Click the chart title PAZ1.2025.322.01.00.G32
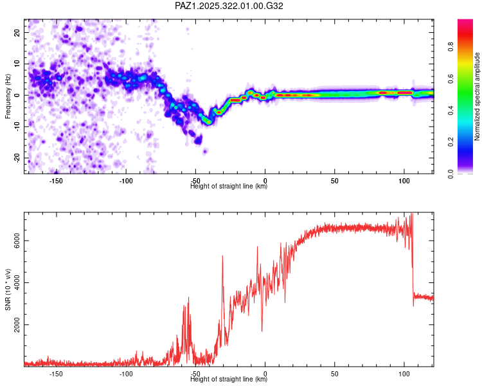click(x=229, y=6)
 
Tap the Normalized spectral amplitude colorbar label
click(x=478, y=96)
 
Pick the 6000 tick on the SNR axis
click(x=13, y=241)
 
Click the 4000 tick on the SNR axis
click(x=13, y=283)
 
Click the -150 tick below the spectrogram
click(x=55, y=180)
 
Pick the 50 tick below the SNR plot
click(x=335, y=373)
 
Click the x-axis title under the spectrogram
click(x=229, y=186)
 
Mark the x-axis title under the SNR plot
click(x=229, y=379)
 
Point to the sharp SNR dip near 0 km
click(x=262, y=331)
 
